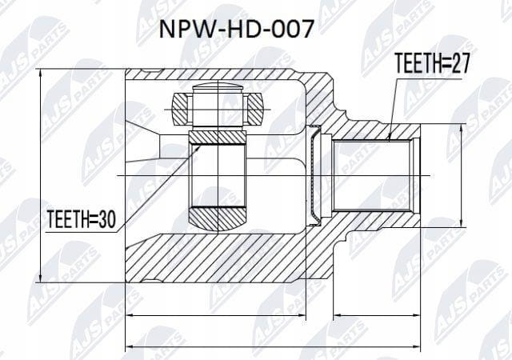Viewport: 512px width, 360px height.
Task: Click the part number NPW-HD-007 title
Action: click(x=236, y=29)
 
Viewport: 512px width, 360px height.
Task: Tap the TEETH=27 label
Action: click(x=432, y=63)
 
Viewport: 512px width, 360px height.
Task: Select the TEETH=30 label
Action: click(x=82, y=219)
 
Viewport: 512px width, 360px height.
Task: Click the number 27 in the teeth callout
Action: click(x=459, y=63)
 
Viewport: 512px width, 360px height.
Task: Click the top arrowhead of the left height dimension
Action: click(x=40, y=74)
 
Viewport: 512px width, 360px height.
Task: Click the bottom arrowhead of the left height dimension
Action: click(x=40, y=278)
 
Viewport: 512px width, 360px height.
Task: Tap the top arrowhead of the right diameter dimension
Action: click(x=461, y=129)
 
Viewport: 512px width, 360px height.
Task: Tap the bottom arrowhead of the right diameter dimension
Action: click(x=461, y=222)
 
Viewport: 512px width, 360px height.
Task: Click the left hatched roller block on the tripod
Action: click(x=181, y=109)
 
